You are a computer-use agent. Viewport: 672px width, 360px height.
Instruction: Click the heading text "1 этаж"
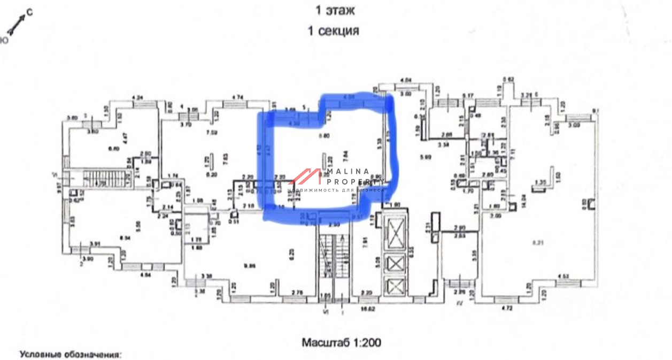335,10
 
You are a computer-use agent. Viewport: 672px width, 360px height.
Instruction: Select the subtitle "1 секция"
333,30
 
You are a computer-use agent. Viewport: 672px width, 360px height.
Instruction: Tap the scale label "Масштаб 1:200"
341,342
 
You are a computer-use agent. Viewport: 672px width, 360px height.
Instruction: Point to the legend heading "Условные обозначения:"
71,354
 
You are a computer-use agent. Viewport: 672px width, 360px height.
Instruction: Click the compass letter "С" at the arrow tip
29,13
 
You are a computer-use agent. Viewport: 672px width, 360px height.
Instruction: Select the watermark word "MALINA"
347,172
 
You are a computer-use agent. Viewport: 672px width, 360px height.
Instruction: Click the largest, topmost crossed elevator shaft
395,233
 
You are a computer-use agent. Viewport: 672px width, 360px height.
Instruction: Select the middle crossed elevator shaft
395,263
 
